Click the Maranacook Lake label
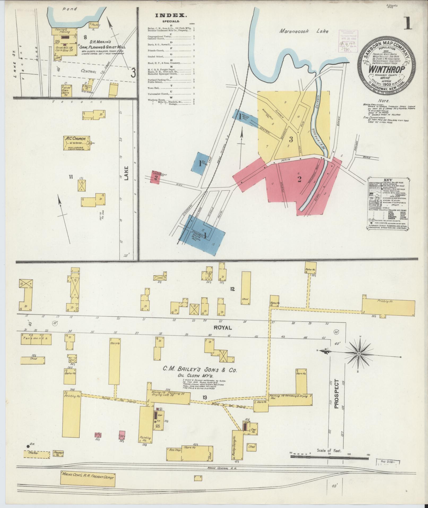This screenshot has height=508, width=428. pos(303,31)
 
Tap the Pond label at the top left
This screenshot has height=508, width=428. pos(70,9)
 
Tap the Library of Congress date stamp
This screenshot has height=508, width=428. pos(348,40)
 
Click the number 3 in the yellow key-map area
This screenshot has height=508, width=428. pos(291,139)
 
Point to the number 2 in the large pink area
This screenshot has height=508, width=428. pos(299,180)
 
